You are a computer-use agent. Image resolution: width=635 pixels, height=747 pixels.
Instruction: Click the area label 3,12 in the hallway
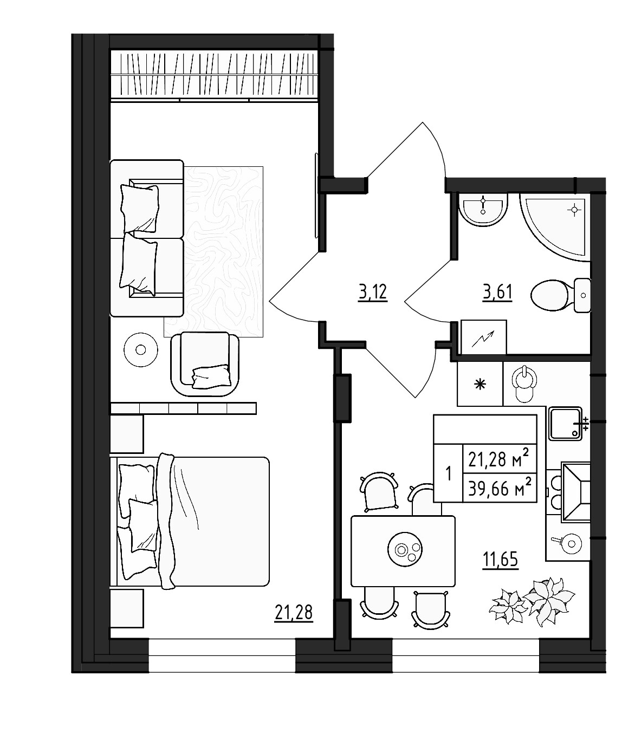coord(373,293)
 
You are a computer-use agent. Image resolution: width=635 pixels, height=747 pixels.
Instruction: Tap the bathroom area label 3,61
coord(497,293)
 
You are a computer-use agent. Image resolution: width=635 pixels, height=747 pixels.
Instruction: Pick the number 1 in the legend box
coord(448,473)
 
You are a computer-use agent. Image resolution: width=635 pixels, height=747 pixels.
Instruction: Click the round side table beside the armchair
coord(141,349)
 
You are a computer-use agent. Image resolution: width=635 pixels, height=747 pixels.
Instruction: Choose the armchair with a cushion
coord(205,365)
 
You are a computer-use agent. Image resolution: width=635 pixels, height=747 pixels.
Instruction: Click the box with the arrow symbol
coord(483,337)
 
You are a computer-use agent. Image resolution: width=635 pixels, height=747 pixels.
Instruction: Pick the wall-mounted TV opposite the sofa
coord(316,194)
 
